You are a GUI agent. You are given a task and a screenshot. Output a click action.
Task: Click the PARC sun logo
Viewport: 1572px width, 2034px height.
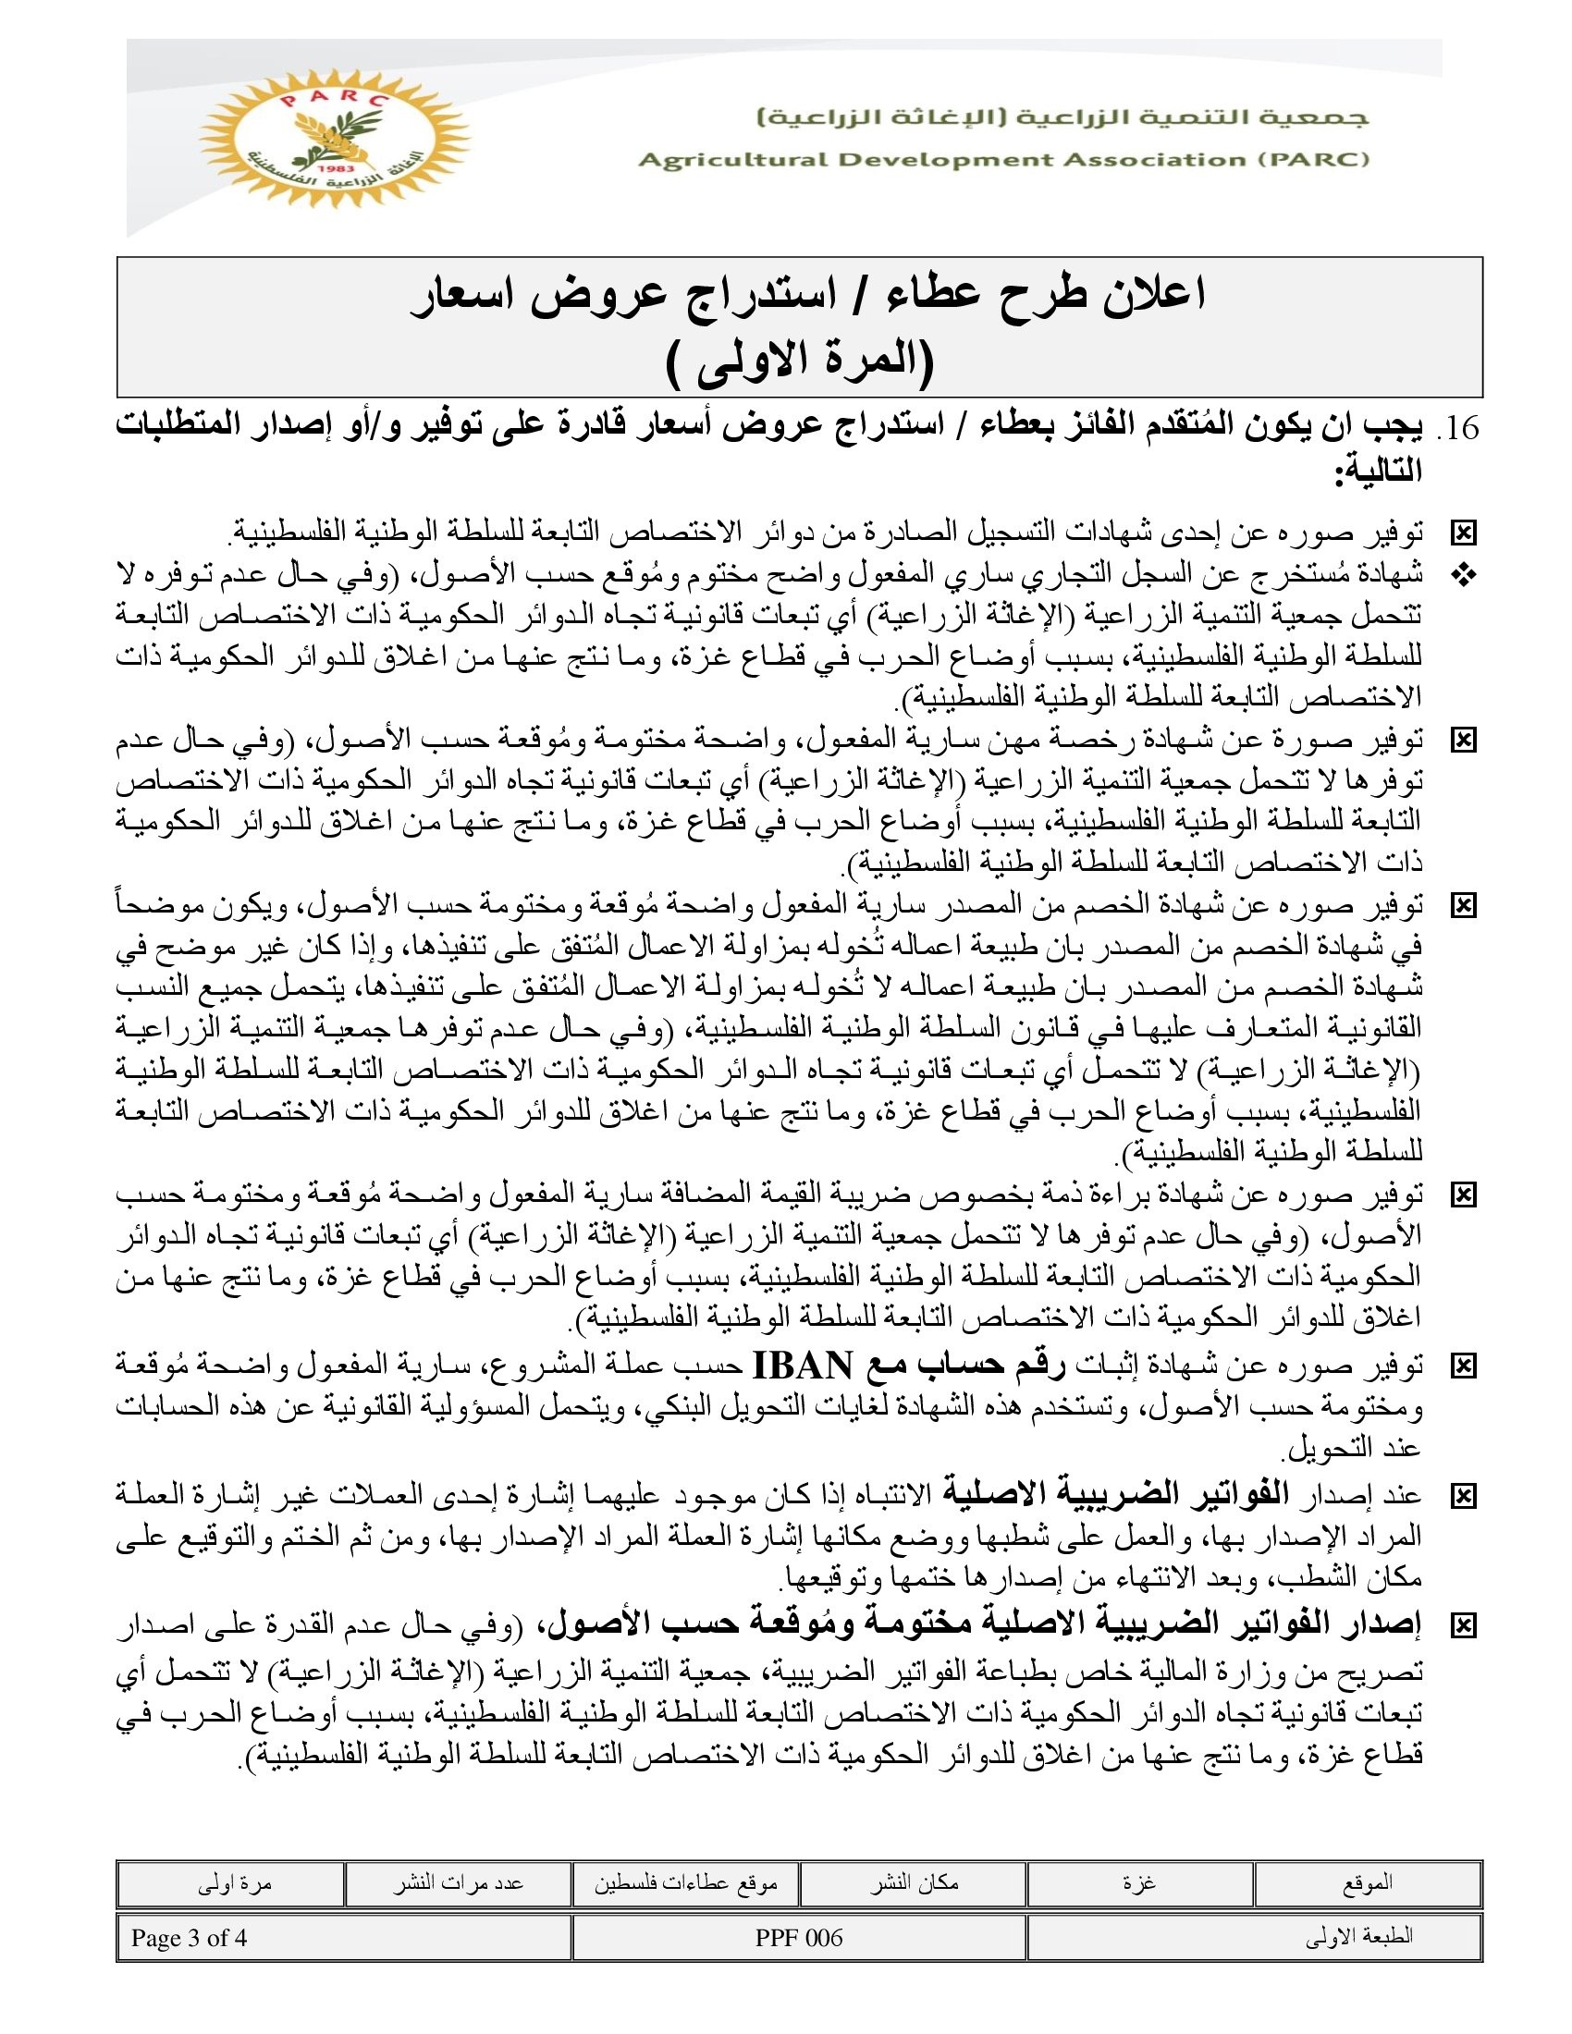[x=335, y=137]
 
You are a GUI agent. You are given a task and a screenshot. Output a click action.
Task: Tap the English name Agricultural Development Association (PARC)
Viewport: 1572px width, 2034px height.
[x=1003, y=159]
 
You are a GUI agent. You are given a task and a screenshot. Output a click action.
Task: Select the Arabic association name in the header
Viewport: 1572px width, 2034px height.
[x=1062, y=118]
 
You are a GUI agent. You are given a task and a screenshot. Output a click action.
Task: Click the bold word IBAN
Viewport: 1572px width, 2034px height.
[x=802, y=1366]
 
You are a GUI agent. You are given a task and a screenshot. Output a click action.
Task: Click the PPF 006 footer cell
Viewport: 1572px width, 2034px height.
[x=799, y=1938]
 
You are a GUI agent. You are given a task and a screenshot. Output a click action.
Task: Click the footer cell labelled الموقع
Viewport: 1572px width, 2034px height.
[x=1367, y=1883]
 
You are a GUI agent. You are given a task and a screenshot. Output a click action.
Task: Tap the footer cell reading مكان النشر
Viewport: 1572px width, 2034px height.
[x=914, y=1883]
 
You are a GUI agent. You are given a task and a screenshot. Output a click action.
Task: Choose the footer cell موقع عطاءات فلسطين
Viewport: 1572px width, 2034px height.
[x=685, y=1883]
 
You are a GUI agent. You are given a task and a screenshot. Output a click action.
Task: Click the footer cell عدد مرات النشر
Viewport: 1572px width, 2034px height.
[x=457, y=1883]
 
